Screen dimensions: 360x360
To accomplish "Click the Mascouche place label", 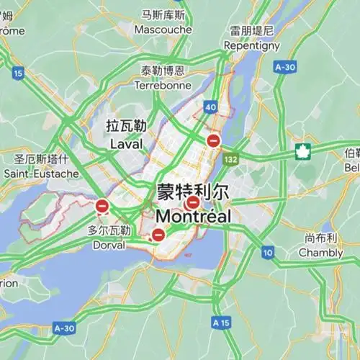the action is pyautogui.click(x=163, y=30).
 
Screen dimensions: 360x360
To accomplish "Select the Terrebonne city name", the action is pyautogui.click(x=163, y=85).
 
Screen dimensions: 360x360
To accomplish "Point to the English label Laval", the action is pyautogui.click(x=127, y=144).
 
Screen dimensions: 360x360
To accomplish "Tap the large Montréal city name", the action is pyautogui.click(x=193, y=216).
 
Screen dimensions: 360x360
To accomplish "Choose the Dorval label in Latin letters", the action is pyautogui.click(x=109, y=245).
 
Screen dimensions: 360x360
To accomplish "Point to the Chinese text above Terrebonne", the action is pyautogui.click(x=163, y=71).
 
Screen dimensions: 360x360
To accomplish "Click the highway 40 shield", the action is pyautogui.click(x=210, y=107).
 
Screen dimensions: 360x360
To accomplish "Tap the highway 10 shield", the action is pyautogui.click(x=268, y=252).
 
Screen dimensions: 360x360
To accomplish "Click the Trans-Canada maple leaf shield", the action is pyautogui.click(x=302, y=152).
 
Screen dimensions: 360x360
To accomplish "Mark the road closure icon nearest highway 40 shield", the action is pyautogui.click(x=213, y=141).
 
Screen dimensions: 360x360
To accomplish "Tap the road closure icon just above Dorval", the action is pyautogui.click(x=102, y=207).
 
